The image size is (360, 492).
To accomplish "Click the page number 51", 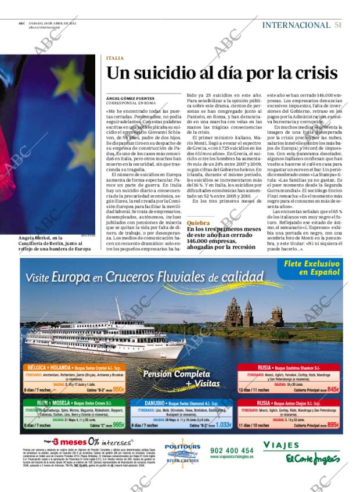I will pos(338,25).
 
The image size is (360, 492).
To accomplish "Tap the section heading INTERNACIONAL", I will pos(296,25).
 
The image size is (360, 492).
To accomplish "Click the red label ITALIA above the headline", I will pos(115,58).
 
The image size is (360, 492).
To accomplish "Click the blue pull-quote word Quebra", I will pos(199,222).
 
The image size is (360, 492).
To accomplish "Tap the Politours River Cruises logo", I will pos(182,451).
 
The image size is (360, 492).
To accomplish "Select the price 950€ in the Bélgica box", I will pos(118,389).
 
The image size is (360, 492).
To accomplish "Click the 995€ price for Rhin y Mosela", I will pos(118,425).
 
